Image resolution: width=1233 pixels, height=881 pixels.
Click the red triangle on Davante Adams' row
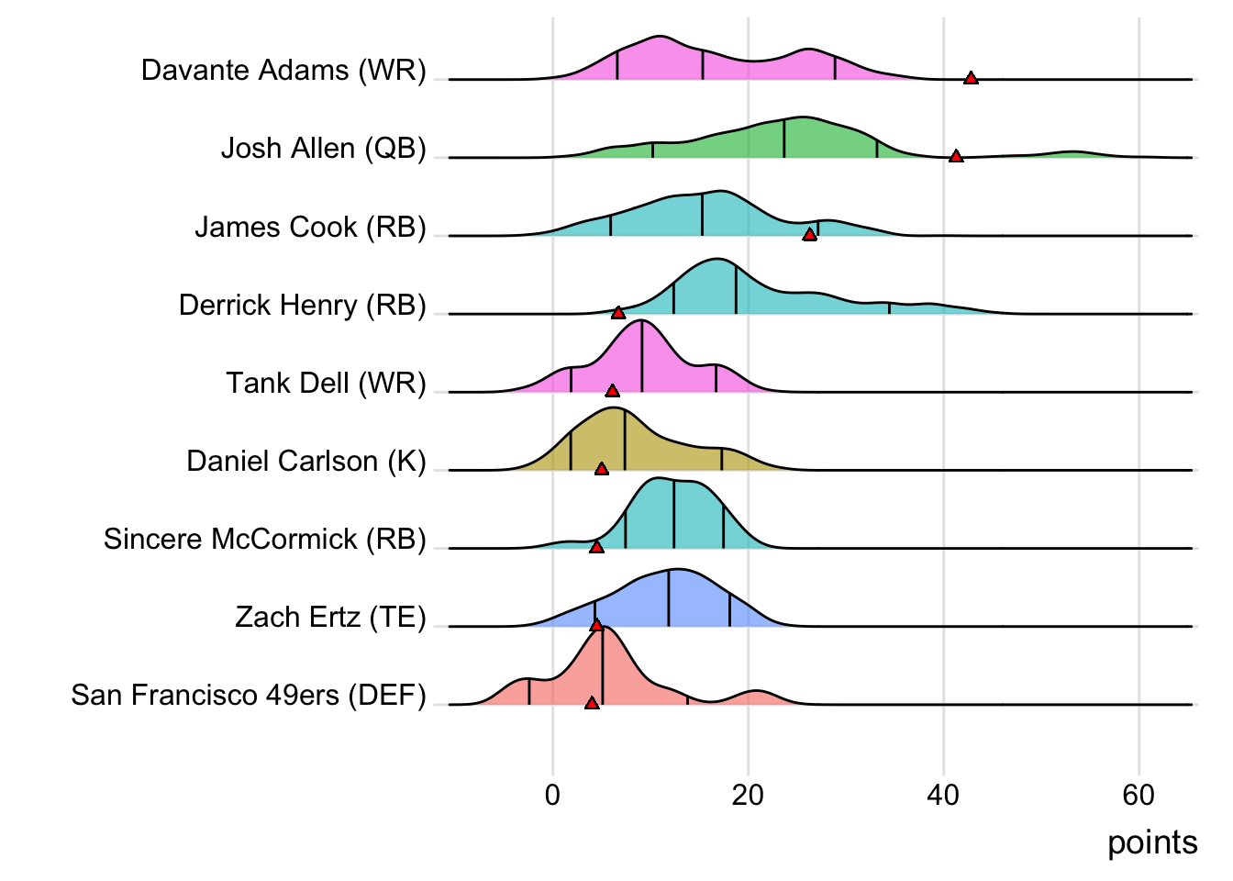point(971,78)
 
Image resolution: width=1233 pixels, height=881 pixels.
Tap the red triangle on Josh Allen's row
point(956,157)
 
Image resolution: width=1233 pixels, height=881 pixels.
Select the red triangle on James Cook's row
point(809,235)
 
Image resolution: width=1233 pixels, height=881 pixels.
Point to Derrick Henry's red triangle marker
point(618,313)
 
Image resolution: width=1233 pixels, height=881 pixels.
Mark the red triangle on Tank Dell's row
point(612,391)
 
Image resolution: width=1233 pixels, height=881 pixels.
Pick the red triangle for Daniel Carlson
point(601,469)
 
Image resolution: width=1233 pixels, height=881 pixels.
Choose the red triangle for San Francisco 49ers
point(592,703)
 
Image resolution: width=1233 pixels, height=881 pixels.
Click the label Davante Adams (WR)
point(283,71)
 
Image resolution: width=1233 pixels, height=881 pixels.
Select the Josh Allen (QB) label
point(323,149)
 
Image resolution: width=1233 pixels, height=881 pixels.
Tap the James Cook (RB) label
point(310,227)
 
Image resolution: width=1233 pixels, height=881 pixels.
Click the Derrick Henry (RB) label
point(302,305)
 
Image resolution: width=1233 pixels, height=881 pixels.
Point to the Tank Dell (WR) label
point(326,383)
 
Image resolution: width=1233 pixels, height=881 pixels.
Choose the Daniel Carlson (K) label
point(306,461)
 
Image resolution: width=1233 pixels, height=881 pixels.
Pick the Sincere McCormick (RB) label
point(264,539)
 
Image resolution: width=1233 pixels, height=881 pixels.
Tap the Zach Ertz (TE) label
point(330,617)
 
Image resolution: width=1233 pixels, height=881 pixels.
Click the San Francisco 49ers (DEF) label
point(249,695)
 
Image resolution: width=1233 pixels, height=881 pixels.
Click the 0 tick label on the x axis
point(552,795)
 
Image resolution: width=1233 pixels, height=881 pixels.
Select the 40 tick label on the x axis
point(943,795)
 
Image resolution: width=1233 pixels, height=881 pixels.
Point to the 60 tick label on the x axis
point(1139,795)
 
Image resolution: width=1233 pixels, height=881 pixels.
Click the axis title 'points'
point(1152,842)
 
